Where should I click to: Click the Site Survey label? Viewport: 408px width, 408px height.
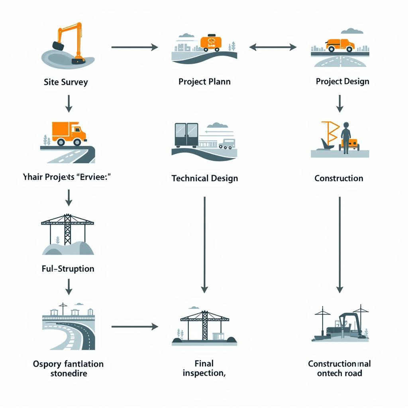[66, 82]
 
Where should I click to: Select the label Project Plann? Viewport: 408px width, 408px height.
[204, 82]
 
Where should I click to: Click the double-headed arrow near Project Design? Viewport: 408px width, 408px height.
[273, 47]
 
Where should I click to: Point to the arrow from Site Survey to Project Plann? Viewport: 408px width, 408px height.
[134, 47]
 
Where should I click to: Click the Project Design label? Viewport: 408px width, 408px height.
[342, 81]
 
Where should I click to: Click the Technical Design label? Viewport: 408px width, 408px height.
[204, 178]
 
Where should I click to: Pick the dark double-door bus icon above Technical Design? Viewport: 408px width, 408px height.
[186, 135]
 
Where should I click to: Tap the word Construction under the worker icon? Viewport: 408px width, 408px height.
[339, 178]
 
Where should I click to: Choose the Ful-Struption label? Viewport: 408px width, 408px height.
[68, 269]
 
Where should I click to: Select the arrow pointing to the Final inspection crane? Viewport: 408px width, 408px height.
[134, 327]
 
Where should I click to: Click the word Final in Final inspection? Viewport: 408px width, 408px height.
[204, 363]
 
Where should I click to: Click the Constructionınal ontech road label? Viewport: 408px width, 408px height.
[339, 368]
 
